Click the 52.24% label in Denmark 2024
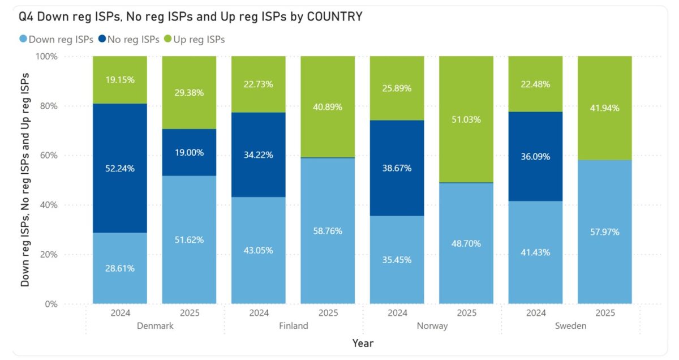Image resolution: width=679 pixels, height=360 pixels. (x=120, y=168)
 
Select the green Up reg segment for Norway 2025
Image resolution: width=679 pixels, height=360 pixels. (x=466, y=119)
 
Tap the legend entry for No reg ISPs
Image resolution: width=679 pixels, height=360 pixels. (x=128, y=40)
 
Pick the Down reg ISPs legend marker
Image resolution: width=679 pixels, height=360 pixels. (x=23, y=40)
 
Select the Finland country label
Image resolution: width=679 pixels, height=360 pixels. (x=293, y=325)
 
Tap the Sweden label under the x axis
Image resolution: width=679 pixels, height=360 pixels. (x=570, y=325)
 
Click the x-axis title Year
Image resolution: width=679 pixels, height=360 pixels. (x=363, y=343)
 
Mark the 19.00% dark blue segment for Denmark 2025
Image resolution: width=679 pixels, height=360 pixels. (x=189, y=153)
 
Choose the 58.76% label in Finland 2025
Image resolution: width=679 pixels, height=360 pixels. (x=328, y=231)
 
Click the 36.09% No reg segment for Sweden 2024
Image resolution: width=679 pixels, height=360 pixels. (x=535, y=156)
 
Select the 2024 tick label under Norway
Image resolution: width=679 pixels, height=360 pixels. (x=397, y=312)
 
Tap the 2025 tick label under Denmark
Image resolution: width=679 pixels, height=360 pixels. (x=190, y=312)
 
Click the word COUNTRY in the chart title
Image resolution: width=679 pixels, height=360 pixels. (x=334, y=16)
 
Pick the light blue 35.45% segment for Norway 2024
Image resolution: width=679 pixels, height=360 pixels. (x=397, y=260)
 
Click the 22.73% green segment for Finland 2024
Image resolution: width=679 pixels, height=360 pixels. (x=259, y=84)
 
